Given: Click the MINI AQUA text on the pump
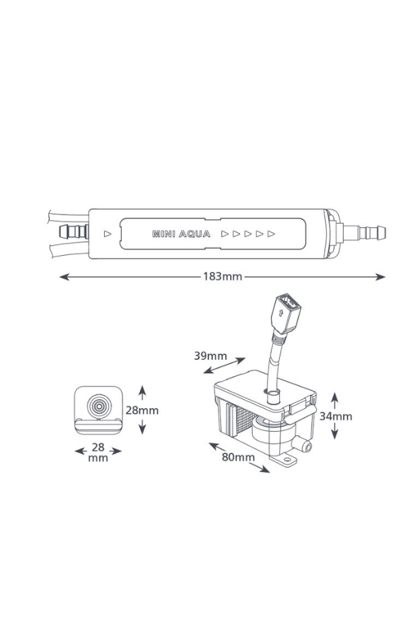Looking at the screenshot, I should [x=181, y=234].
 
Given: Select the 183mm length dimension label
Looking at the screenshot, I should [x=223, y=277].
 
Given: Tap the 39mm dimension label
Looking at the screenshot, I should [x=210, y=356].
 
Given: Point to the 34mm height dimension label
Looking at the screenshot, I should [x=336, y=417].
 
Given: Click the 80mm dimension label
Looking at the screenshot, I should [x=239, y=458].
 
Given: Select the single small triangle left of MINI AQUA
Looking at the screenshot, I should [x=107, y=234].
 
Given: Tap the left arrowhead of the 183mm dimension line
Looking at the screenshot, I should [x=63, y=277].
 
